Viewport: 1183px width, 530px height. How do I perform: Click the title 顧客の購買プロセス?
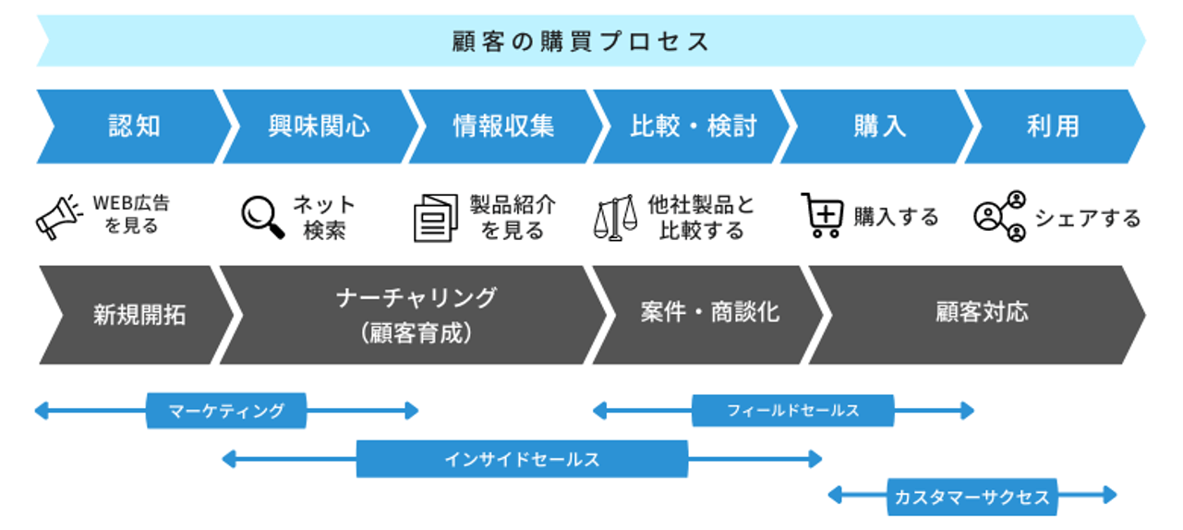tap(580, 42)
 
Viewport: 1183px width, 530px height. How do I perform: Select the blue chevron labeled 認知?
tap(134, 126)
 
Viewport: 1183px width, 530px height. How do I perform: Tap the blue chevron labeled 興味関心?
tap(320, 126)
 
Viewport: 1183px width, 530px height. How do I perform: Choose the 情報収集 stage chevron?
tap(504, 126)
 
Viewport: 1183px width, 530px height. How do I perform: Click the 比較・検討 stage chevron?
tap(692, 126)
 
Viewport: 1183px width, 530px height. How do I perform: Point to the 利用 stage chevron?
tap(1054, 126)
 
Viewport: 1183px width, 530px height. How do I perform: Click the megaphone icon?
tap(58, 217)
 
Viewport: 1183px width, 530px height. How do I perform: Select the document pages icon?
tap(435, 218)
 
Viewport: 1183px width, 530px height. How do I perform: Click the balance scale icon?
tap(615, 218)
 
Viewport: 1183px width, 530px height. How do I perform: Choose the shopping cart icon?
tap(822, 215)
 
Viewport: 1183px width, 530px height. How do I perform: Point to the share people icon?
tap(1000, 216)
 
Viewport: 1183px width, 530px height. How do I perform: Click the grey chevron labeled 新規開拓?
tap(139, 315)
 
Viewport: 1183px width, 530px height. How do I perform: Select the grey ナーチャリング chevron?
tap(415, 315)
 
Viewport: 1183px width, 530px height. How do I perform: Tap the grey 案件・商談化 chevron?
tap(708, 315)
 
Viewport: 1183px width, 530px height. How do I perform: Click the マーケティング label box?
tap(226, 410)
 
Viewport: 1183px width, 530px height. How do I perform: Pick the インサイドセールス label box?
tap(522, 459)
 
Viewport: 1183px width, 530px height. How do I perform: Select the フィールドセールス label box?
tap(792, 410)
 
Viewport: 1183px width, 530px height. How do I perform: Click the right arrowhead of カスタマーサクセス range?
tap(1110, 495)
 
